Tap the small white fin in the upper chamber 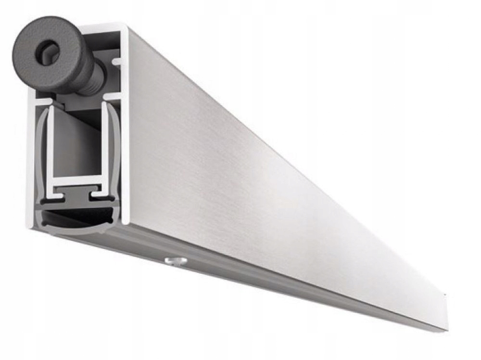[x=115, y=62]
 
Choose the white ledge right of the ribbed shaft [x=113, y=96]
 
